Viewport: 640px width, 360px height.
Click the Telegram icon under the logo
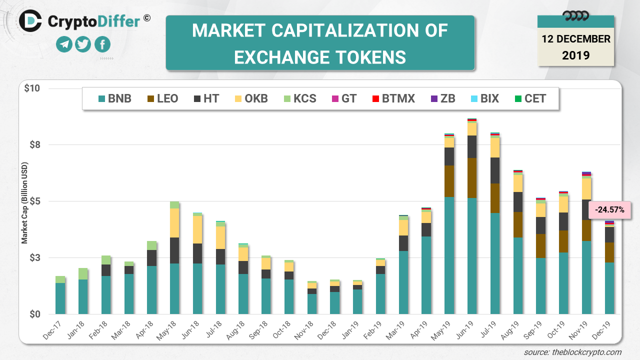(x=64, y=44)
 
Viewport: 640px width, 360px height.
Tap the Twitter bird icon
(x=83, y=44)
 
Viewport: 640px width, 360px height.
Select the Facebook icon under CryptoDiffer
(x=102, y=44)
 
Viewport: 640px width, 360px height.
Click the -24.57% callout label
(x=610, y=210)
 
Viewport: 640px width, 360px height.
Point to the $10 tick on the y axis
(x=32, y=88)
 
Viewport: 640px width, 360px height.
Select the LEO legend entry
(x=161, y=98)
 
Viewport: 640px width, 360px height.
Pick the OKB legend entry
(x=250, y=98)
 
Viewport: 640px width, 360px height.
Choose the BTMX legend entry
(x=392, y=98)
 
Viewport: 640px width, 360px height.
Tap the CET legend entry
(x=529, y=98)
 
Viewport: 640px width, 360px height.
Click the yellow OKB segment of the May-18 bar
(x=174, y=223)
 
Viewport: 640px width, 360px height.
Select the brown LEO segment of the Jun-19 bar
(x=472, y=178)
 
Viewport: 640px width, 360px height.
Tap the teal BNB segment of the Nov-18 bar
(x=312, y=304)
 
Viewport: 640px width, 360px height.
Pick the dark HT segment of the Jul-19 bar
(x=495, y=170)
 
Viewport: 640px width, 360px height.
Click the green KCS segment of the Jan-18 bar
(x=83, y=273)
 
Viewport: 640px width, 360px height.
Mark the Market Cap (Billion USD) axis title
(x=24, y=203)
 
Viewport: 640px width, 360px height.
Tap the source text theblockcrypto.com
(x=572, y=352)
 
